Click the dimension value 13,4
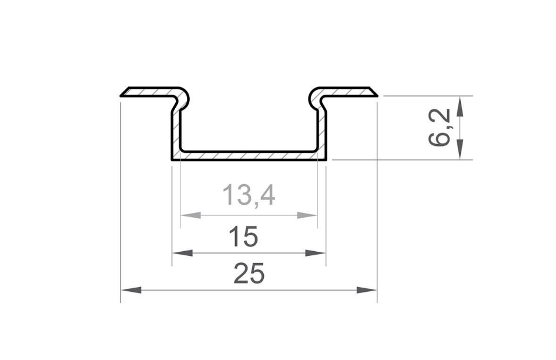click(x=249, y=195)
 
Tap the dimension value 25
click(x=249, y=274)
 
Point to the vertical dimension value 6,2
click(x=442, y=128)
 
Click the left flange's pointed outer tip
click(x=122, y=94)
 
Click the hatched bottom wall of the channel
click(x=249, y=156)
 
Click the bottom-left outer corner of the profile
click(x=172, y=160)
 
